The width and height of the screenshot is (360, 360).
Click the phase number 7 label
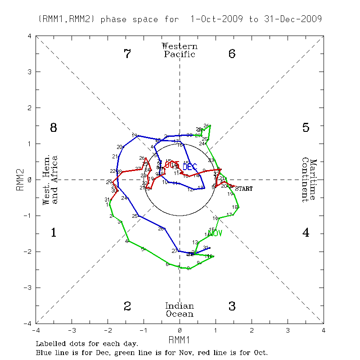pyautogui.click(x=127, y=54)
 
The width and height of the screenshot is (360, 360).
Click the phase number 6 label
pyautogui.click(x=232, y=54)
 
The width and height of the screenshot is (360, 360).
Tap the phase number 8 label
pyautogui.click(x=54, y=128)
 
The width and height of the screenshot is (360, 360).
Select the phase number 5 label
pyautogui.click(x=306, y=128)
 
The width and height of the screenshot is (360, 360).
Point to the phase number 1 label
pyautogui.click(x=54, y=233)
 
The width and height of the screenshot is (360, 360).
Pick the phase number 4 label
pyautogui.click(x=306, y=233)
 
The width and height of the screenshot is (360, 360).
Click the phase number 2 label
pyautogui.click(x=127, y=306)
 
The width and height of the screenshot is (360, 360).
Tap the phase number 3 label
pyautogui.click(x=232, y=306)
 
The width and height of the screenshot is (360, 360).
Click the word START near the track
pyautogui.click(x=243, y=189)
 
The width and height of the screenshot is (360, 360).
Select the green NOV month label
pyautogui.click(x=216, y=233)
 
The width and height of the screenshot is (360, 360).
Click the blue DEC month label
pyautogui.click(x=189, y=167)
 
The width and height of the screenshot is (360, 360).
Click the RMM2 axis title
pyautogui.click(x=20, y=180)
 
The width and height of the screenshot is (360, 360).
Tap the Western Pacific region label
pyautogui.click(x=180, y=50)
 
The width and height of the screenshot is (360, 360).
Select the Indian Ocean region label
pyautogui.click(x=180, y=310)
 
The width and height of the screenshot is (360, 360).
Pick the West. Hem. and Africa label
pyautogui.click(x=50, y=180)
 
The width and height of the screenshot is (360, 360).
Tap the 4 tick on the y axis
pyautogui.click(x=29, y=36)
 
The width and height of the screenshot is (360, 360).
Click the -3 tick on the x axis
pyautogui.click(x=71, y=330)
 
